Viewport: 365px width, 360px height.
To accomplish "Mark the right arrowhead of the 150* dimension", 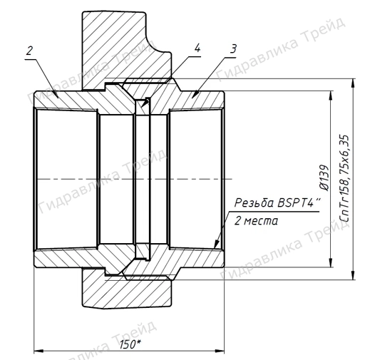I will tap(221, 350).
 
